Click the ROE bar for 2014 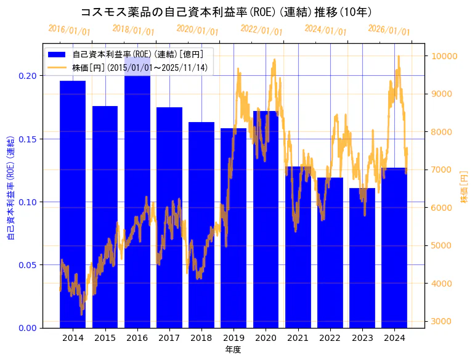tap(73, 203)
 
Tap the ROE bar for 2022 tap(330, 253)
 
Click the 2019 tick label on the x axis tap(233, 338)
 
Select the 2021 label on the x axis tap(298, 338)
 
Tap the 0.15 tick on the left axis tap(28, 139)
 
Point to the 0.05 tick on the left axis tap(28, 264)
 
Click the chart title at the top tap(226, 12)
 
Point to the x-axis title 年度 tap(233, 350)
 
